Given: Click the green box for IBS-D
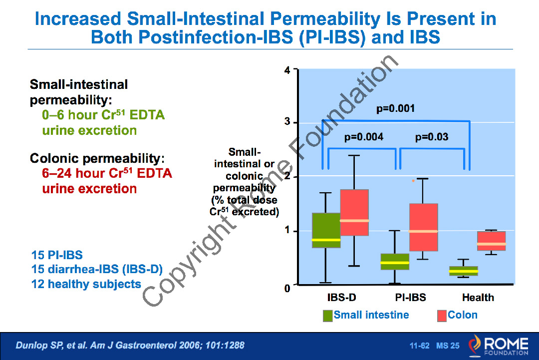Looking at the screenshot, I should pos(326,230).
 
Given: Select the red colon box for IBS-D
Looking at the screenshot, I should pos(354,212).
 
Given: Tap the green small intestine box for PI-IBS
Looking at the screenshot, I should pos(395,262).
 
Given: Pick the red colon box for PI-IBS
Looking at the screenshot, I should pos(423,227).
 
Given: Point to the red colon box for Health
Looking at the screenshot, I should pos(491,241).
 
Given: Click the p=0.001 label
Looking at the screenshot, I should pos(395,108).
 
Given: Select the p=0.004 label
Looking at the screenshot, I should pos(364,137).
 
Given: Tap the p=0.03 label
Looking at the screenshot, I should pos(431,137).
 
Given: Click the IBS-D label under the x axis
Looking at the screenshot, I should pos(341,298).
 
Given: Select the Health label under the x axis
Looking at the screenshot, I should pos(478,298).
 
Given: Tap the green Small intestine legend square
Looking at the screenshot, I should pos(327,316).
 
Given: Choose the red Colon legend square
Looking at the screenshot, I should pos(441,316).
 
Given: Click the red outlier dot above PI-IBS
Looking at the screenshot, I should pos(413,181).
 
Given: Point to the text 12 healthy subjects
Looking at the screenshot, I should pos(86,284).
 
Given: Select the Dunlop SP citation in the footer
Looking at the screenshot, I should pos(130,346).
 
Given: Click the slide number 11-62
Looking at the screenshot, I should pos(419,346).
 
